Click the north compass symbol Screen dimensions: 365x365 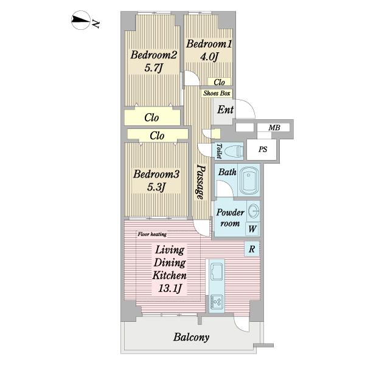(x=80, y=20)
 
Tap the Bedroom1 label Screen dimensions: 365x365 (x=209, y=44)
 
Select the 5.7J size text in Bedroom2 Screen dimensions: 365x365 (x=153, y=68)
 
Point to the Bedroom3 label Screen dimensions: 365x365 (x=156, y=174)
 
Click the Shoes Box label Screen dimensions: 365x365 (x=217, y=93)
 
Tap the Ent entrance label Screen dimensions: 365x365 (x=225, y=109)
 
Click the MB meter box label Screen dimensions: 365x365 (x=274, y=128)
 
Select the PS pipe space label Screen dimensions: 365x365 (x=263, y=149)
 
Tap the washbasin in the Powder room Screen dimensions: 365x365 (x=253, y=211)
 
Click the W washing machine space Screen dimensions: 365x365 (x=252, y=229)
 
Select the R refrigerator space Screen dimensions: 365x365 (x=252, y=249)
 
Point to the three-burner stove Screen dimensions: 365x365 (x=217, y=302)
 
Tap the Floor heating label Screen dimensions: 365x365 (x=152, y=234)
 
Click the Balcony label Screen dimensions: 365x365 (x=192, y=337)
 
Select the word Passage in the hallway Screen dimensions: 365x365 (x=200, y=182)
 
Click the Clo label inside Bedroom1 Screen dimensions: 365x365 (x=219, y=82)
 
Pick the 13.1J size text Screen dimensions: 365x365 (x=170, y=289)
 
